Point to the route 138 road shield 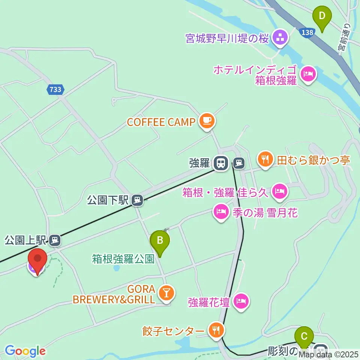coord(307,33)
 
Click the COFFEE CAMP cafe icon coord(206,121)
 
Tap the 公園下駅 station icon coord(138,200)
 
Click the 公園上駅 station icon coord(55,239)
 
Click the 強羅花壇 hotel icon coord(241,301)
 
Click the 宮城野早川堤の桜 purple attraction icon coord(279,37)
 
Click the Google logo coord(25,351)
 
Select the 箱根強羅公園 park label coord(123,259)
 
